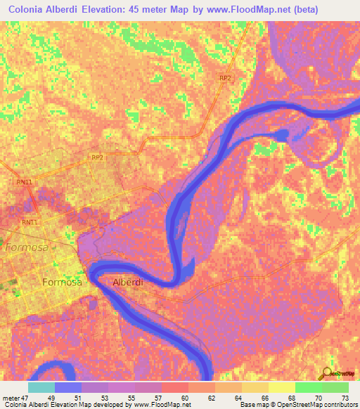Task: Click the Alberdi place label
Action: pyautogui.click(x=128, y=282)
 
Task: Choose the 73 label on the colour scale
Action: pyautogui.click(x=344, y=397)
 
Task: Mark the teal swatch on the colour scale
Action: pyautogui.click(x=41, y=387)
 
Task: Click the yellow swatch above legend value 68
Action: pyautogui.click(x=282, y=387)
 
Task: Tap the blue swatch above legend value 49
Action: pyautogui.click(x=68, y=387)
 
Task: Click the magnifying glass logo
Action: pyautogui.click(x=327, y=373)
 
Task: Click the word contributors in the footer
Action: pyautogui.click(x=341, y=405)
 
